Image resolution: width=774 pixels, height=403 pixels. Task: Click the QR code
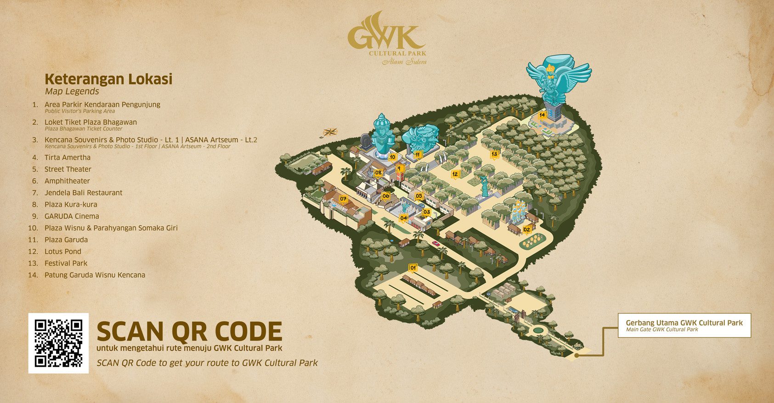click(x=58, y=343)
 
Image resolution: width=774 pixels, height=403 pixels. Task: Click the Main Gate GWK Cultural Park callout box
click(x=684, y=325)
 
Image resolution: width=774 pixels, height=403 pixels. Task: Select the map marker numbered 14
click(x=542, y=115)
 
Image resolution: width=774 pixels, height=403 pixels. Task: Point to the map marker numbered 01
click(x=413, y=268)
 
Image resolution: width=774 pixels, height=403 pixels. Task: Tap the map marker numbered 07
click(x=343, y=199)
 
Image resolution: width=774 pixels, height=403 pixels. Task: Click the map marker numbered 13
click(x=494, y=154)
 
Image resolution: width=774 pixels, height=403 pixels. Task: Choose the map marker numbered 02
click(x=527, y=229)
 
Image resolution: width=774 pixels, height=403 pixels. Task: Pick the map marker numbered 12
click(x=455, y=174)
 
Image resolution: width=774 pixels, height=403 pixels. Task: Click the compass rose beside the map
click(x=330, y=132)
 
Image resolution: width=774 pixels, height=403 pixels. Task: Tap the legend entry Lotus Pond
click(x=62, y=252)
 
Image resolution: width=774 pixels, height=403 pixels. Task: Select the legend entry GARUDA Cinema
click(x=71, y=216)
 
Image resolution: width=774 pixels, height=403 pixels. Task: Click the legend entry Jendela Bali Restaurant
click(x=83, y=193)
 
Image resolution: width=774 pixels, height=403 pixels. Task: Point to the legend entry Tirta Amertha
click(x=67, y=157)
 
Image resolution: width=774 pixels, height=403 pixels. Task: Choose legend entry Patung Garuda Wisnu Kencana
click(x=95, y=275)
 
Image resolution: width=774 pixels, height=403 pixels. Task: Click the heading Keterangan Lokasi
click(x=108, y=79)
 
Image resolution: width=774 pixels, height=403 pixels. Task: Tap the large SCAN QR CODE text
click(x=189, y=331)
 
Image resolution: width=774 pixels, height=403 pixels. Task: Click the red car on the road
click(x=435, y=243)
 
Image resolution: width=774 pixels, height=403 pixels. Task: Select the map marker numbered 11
click(x=418, y=155)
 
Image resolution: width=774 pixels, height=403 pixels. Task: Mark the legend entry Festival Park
click(x=66, y=263)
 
